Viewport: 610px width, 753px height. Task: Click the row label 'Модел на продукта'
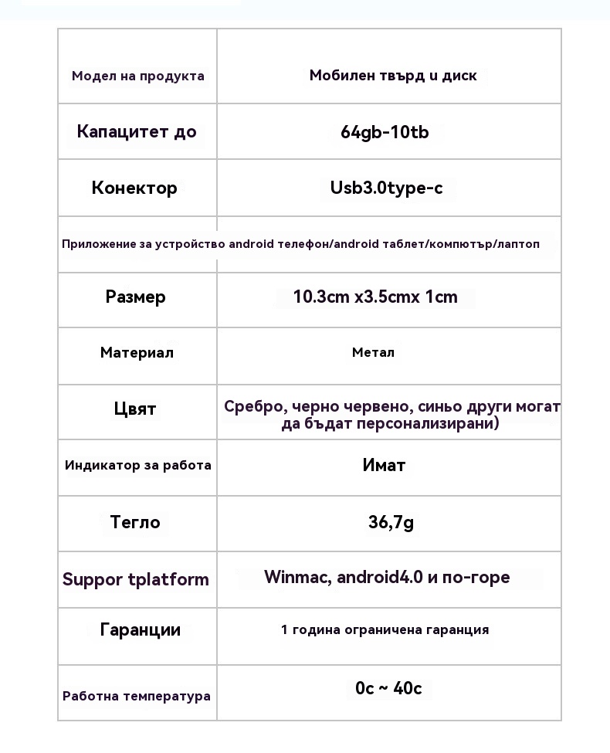[138, 76]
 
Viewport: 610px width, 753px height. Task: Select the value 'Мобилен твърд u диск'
[393, 76]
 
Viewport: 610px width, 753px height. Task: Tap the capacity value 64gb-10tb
[385, 132]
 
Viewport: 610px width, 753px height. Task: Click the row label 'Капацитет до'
[137, 131]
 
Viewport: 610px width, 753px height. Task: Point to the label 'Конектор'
[134, 188]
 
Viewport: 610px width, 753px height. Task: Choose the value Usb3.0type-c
[387, 188]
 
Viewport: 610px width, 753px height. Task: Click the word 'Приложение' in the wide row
[90, 244]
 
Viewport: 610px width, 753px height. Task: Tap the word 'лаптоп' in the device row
[520, 244]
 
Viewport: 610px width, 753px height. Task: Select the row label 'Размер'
[136, 297]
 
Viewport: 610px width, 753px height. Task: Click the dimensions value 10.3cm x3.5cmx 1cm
[375, 297]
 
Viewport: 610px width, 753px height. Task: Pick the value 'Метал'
[373, 353]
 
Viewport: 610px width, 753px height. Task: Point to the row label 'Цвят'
[135, 409]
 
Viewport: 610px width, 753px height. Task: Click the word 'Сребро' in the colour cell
[249, 406]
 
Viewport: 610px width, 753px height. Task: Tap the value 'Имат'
[384, 465]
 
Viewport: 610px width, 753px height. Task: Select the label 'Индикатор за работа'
[138, 465]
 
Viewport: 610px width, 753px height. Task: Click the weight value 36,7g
[391, 523]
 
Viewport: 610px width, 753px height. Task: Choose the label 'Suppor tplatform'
[136, 579]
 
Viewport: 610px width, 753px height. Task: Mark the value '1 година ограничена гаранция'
[385, 629]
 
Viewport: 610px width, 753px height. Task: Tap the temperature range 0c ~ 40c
[388, 688]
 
